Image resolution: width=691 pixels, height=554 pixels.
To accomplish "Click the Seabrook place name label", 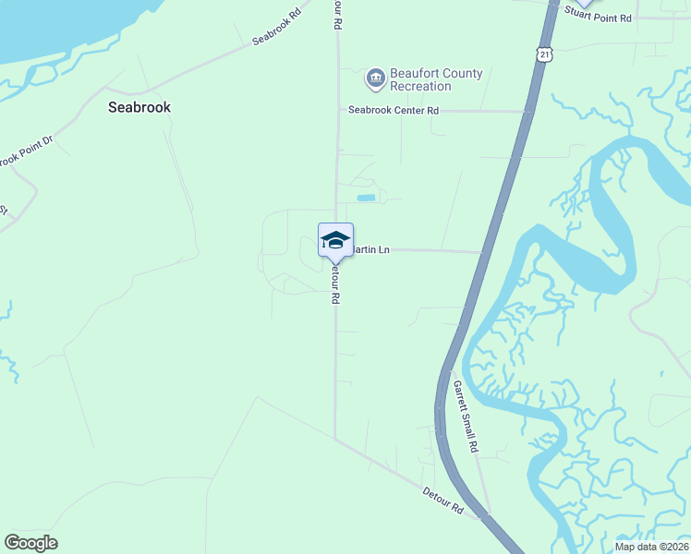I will pos(139,107).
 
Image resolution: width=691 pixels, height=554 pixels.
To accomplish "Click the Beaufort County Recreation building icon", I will pos(376,79).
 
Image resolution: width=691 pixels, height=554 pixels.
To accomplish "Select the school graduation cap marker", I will pos(335,240).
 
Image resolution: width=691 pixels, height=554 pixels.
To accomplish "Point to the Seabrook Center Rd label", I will pos(393,111).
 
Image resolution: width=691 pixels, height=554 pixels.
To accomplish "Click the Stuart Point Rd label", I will pos(599,18).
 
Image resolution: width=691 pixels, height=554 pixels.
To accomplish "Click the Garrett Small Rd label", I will pos(465,416).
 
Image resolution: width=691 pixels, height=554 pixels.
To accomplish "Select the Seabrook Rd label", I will pos(277,29).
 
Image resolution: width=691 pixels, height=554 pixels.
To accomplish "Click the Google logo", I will pos(30,543).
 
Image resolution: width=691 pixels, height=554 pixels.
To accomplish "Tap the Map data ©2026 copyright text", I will pos(650,547).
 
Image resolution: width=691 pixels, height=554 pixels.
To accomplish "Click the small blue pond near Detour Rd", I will pos(367,198).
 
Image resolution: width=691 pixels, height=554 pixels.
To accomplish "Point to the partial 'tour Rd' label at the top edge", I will pos(336,14).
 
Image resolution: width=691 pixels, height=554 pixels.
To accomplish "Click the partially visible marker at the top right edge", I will pos(584,4).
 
